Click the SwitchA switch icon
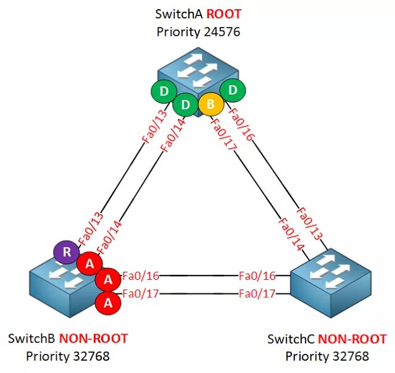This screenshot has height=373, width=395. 197,68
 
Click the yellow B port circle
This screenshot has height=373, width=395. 210,104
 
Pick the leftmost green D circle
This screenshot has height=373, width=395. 164,92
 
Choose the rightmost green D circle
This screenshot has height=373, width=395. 233,90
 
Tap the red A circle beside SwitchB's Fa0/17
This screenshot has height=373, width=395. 108,303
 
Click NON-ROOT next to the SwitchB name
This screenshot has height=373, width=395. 93,338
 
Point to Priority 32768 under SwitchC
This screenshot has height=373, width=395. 327,356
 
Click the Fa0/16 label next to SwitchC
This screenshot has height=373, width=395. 257,275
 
